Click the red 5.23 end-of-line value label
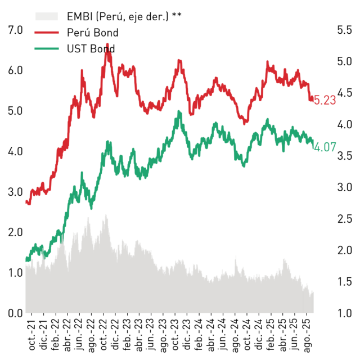pyautogui.click(x=325, y=100)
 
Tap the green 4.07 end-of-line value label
pyautogui.click(x=325, y=147)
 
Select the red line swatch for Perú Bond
pyautogui.click(x=47, y=33)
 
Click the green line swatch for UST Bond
pyautogui.click(x=47, y=49)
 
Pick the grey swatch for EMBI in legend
pyautogui.click(x=47, y=16)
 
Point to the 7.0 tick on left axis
pyautogui.click(x=15, y=30)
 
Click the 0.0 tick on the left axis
pyautogui.click(x=15, y=313)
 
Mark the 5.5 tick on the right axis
pyautogui.click(x=344, y=30)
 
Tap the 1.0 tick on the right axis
pyautogui.click(x=344, y=313)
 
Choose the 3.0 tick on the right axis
pyautogui.click(x=344, y=187)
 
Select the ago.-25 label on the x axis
pyautogui.click(x=307, y=336)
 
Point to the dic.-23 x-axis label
pyautogui.click(x=187, y=334)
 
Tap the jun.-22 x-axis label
pyautogui.click(x=80, y=335)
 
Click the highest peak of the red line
pyautogui.click(x=107, y=44)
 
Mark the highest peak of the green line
pyautogui.click(x=179, y=111)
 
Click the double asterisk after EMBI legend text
pyautogui.click(x=177, y=15)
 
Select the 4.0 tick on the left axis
pyautogui.click(x=15, y=151)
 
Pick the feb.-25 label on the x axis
pyautogui.click(x=271, y=335)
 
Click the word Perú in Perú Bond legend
pyautogui.click(x=78, y=33)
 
